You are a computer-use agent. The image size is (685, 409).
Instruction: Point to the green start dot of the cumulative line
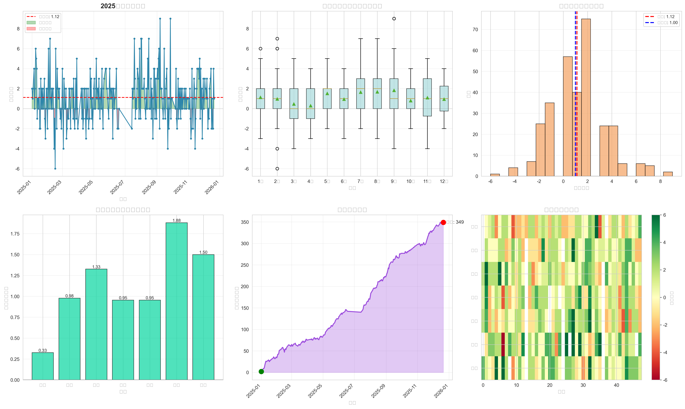[261, 372]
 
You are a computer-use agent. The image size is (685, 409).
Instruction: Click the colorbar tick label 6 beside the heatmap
[664, 215]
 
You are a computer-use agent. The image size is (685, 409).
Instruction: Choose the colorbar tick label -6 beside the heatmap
[665, 380]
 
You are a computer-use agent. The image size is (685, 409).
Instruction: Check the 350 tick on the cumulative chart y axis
[245, 222]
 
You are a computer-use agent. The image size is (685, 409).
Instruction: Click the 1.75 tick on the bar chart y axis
[15, 234]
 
